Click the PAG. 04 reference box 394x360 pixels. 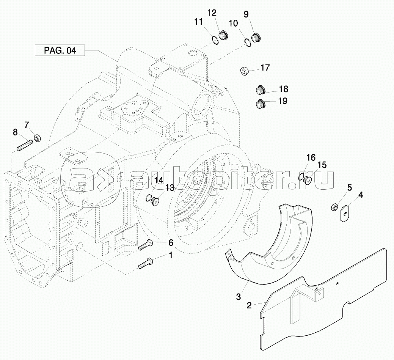coord(60,50)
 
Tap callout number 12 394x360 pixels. coord(211,13)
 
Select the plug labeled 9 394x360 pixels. coord(256,38)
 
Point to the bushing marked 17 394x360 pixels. coord(245,71)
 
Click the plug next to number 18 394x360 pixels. coord(259,90)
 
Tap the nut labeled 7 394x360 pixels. coord(38,137)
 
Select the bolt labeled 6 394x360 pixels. coord(145,245)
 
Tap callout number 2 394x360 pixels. coord(249,305)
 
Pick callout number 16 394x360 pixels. coord(311,157)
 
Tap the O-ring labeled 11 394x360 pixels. coord(215,39)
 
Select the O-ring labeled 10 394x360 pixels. coord(248,41)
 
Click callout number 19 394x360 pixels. coord(283,101)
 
